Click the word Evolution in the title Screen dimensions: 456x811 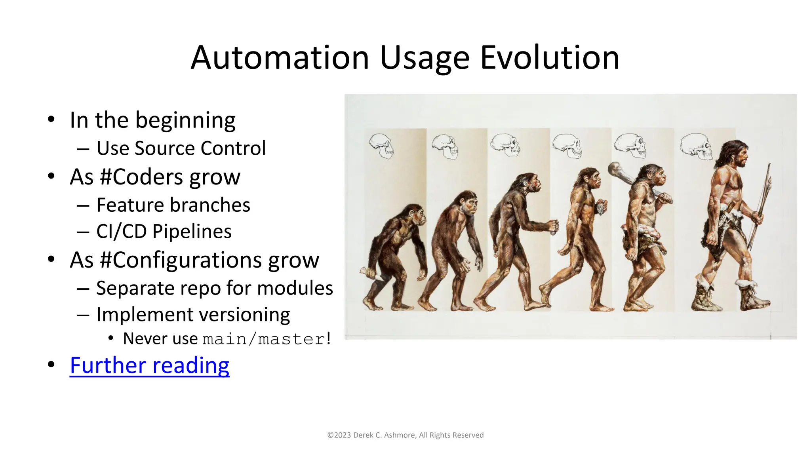click(x=550, y=58)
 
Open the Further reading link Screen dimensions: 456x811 click(x=149, y=365)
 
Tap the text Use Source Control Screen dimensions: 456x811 click(x=181, y=148)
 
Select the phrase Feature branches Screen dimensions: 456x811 click(x=173, y=205)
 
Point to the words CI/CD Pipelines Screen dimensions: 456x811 click(x=164, y=232)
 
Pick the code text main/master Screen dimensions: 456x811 click(x=263, y=339)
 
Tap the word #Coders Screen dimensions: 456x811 click(x=142, y=177)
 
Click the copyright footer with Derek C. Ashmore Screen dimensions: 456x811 click(x=405, y=435)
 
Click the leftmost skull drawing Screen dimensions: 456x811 click(x=381, y=146)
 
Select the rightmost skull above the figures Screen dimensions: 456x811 click(x=696, y=146)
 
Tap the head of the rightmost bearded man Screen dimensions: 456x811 click(x=736, y=154)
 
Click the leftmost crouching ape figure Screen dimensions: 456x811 click(x=394, y=257)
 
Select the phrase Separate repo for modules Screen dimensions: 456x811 click(x=214, y=288)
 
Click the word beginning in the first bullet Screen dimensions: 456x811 click(x=185, y=120)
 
